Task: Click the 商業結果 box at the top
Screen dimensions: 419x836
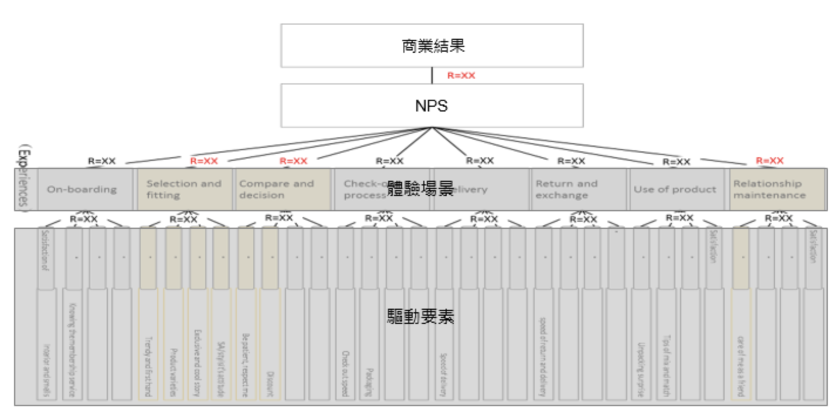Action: click(432, 46)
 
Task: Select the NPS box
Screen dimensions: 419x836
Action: click(432, 106)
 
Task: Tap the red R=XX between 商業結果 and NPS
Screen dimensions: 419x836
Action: click(461, 76)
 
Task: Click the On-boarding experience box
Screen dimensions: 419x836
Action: click(82, 190)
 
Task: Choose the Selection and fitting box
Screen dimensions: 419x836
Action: click(185, 190)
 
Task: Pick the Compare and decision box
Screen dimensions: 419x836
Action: click(283, 190)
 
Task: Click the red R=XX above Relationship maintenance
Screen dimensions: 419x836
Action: click(770, 160)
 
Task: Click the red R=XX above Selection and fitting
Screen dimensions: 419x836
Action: click(203, 161)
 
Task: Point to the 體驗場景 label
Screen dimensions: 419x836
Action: click(420, 189)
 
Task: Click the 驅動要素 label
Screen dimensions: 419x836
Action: click(420, 317)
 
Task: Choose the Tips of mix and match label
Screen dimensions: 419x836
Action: click(666, 366)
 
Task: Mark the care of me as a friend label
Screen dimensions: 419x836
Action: click(740, 366)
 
